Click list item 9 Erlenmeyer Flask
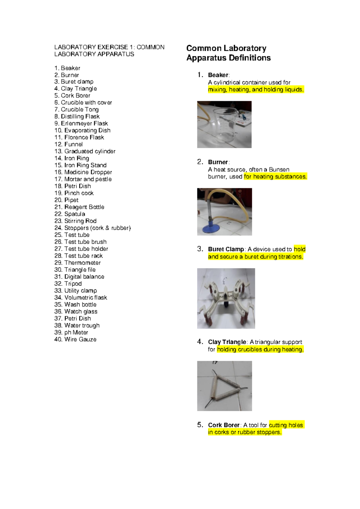coord(81,123)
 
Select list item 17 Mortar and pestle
coord(83,179)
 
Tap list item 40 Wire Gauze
coord(75,339)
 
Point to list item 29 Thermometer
coord(77,263)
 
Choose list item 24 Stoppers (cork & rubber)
coord(92,228)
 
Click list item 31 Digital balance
coord(79,277)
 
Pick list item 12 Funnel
coord(68,144)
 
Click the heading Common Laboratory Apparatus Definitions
coord(228,53)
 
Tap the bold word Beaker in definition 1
coord(218,75)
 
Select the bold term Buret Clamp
coord(226,249)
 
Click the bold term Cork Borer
coord(223,425)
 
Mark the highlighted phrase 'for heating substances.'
coord(275,177)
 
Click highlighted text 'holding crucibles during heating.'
coord(260,350)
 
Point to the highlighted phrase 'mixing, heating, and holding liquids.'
coord(256,90)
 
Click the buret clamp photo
coord(226,299)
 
